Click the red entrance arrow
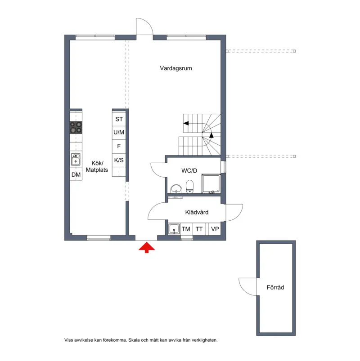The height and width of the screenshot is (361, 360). pos(147,248)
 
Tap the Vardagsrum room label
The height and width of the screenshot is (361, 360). pos(176,68)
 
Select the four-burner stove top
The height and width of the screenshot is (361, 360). pos(76,127)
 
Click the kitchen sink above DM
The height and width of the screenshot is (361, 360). pos(76,159)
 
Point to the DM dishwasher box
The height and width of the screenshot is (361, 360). pos(76,174)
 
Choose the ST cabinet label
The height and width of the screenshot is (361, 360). pos(119,119)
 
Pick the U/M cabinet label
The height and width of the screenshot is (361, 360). pos(119,132)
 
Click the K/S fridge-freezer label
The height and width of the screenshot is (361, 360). pos(119,160)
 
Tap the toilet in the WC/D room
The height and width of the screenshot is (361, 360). pos(190,187)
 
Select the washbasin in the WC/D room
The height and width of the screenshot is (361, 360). pos(176,189)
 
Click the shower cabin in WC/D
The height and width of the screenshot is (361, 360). pos(211,184)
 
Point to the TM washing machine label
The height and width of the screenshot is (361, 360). pos(186,229)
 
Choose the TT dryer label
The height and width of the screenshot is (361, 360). pos(199,229)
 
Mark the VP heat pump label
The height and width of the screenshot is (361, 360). pos(215,229)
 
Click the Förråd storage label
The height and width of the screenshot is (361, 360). pos(275,287)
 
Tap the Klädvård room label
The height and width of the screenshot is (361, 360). pos(197,212)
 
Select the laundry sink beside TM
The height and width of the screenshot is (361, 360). pos(174,229)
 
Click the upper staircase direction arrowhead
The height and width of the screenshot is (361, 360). pos(186,123)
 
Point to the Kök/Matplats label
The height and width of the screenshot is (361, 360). pos(97,166)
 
